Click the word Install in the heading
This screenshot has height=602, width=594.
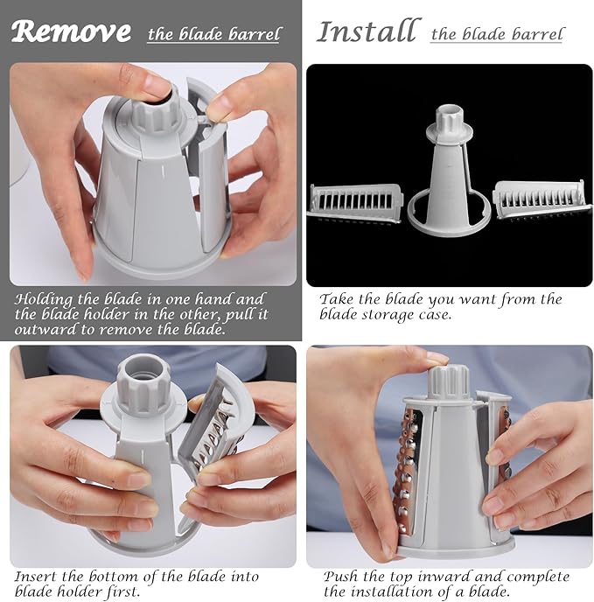click(367, 31)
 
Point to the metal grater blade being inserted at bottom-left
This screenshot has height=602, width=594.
click(210, 437)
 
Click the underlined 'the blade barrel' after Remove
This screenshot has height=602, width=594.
click(214, 35)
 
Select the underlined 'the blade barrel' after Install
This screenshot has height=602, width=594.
click(497, 35)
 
